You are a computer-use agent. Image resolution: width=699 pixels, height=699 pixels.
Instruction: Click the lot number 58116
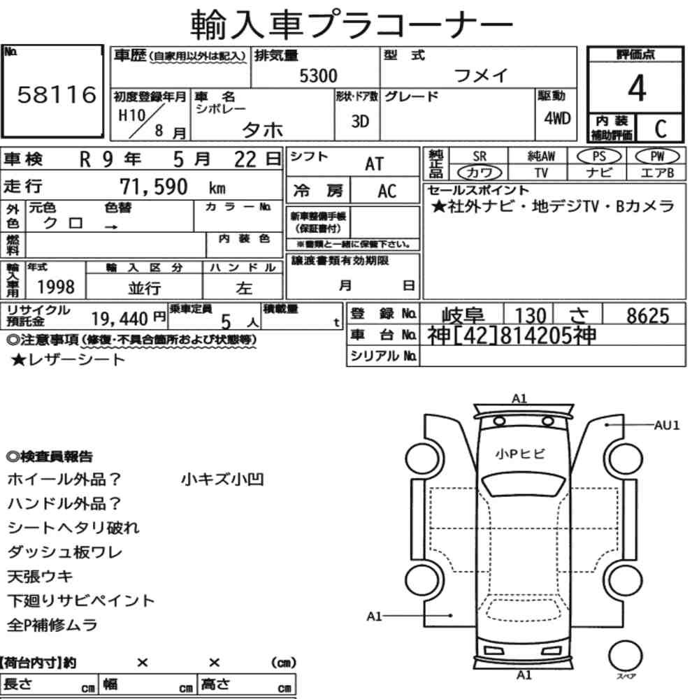click(57, 94)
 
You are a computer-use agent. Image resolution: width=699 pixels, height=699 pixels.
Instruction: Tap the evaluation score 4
click(637, 88)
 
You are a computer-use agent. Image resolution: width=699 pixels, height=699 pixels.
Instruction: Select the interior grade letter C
click(661, 129)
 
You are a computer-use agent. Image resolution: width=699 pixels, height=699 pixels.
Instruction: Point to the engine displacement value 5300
click(318, 75)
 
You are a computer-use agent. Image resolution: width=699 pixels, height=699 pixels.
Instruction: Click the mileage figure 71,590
click(154, 187)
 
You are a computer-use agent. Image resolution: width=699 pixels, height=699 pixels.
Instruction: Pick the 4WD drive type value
click(557, 118)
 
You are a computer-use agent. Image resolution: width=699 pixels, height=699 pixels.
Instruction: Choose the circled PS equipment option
click(599, 157)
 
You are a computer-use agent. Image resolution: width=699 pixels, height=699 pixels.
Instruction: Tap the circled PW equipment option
click(657, 157)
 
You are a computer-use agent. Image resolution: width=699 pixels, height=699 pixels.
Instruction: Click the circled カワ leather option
click(480, 173)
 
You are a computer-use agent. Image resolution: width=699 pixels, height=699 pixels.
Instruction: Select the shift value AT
click(374, 164)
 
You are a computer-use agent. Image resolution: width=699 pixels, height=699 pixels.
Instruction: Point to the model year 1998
click(56, 287)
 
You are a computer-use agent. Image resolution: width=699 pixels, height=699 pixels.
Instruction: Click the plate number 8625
click(648, 316)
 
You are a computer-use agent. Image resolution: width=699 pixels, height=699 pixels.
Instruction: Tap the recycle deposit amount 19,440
click(120, 319)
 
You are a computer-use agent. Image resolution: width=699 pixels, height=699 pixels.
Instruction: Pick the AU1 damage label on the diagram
click(667, 425)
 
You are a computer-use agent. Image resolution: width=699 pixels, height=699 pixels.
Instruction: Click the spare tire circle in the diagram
click(626, 656)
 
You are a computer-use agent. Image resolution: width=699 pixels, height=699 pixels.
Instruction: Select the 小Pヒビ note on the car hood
click(520, 454)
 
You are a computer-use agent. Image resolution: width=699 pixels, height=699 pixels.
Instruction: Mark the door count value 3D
click(360, 121)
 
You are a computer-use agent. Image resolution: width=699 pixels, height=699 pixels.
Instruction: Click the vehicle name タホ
click(262, 130)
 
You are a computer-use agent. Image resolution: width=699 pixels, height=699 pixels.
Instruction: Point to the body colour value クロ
click(63, 222)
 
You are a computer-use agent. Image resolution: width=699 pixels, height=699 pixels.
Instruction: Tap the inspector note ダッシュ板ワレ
click(64, 552)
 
